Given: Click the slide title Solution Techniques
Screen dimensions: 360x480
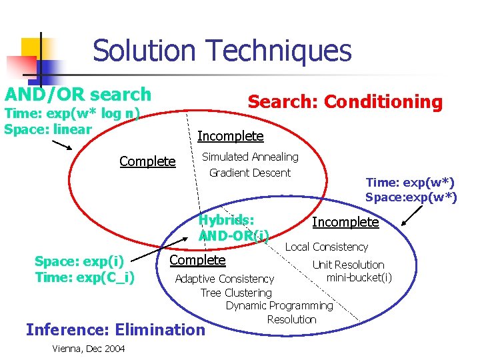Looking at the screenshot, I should (221, 51).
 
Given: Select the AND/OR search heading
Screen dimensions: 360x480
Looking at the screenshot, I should (78, 95).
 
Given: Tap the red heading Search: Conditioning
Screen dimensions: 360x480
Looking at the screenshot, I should (345, 102).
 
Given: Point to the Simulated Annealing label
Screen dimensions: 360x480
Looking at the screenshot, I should (250, 157).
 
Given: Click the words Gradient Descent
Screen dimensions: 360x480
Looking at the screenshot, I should (250, 173).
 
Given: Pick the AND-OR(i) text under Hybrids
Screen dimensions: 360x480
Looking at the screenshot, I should (233, 235).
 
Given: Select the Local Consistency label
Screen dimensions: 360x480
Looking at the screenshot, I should (327, 247).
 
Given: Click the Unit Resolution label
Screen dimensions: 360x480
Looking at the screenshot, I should (349, 265).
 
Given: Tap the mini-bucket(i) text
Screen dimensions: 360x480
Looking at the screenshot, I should (359, 277).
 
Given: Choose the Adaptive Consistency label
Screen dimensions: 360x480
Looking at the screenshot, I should (224, 279).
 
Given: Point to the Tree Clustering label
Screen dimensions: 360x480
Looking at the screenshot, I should (236, 293).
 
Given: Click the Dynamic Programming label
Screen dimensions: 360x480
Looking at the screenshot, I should (279, 305).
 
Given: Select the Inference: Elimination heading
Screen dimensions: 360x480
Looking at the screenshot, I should (115, 329).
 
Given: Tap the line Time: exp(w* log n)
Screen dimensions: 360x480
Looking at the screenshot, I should (72, 113).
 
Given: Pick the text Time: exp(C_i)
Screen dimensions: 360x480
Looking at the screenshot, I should (85, 277).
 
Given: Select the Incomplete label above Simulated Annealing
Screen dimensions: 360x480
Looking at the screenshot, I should (231, 137).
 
